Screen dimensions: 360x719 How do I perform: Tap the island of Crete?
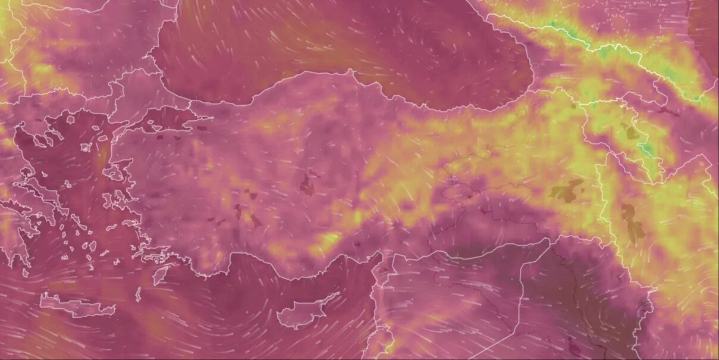coord(77,305)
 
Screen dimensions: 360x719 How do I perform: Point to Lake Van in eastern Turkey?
coord(566,192)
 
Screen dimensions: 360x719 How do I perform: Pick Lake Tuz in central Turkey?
coord(307,185)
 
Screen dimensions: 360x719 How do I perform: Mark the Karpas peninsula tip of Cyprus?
coord(339,293)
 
